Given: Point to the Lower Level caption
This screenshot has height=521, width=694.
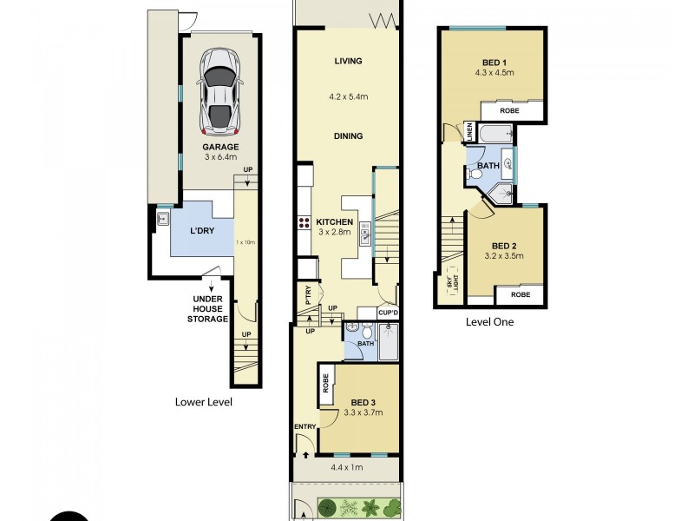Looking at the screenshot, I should coord(204,402).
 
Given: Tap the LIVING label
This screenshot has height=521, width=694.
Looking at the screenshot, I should coord(348,61).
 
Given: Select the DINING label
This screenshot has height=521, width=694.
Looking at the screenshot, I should coord(348,136).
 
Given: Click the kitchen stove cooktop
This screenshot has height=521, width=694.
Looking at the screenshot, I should coord(305,222).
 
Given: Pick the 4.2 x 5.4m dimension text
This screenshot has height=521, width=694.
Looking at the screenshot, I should coord(348,96).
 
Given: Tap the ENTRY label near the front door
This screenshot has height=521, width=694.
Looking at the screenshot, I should coord(305,425).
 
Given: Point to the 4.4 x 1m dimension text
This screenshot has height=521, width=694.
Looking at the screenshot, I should coord(348,468).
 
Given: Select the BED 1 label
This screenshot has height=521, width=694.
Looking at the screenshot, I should coord(495,62).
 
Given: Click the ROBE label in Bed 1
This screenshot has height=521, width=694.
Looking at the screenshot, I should coord(511,111).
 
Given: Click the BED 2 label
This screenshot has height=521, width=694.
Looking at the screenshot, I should coord(501,245).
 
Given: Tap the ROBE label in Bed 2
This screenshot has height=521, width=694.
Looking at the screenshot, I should coord(520,295).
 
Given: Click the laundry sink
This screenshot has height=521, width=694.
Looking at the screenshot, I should coord(163,220).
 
